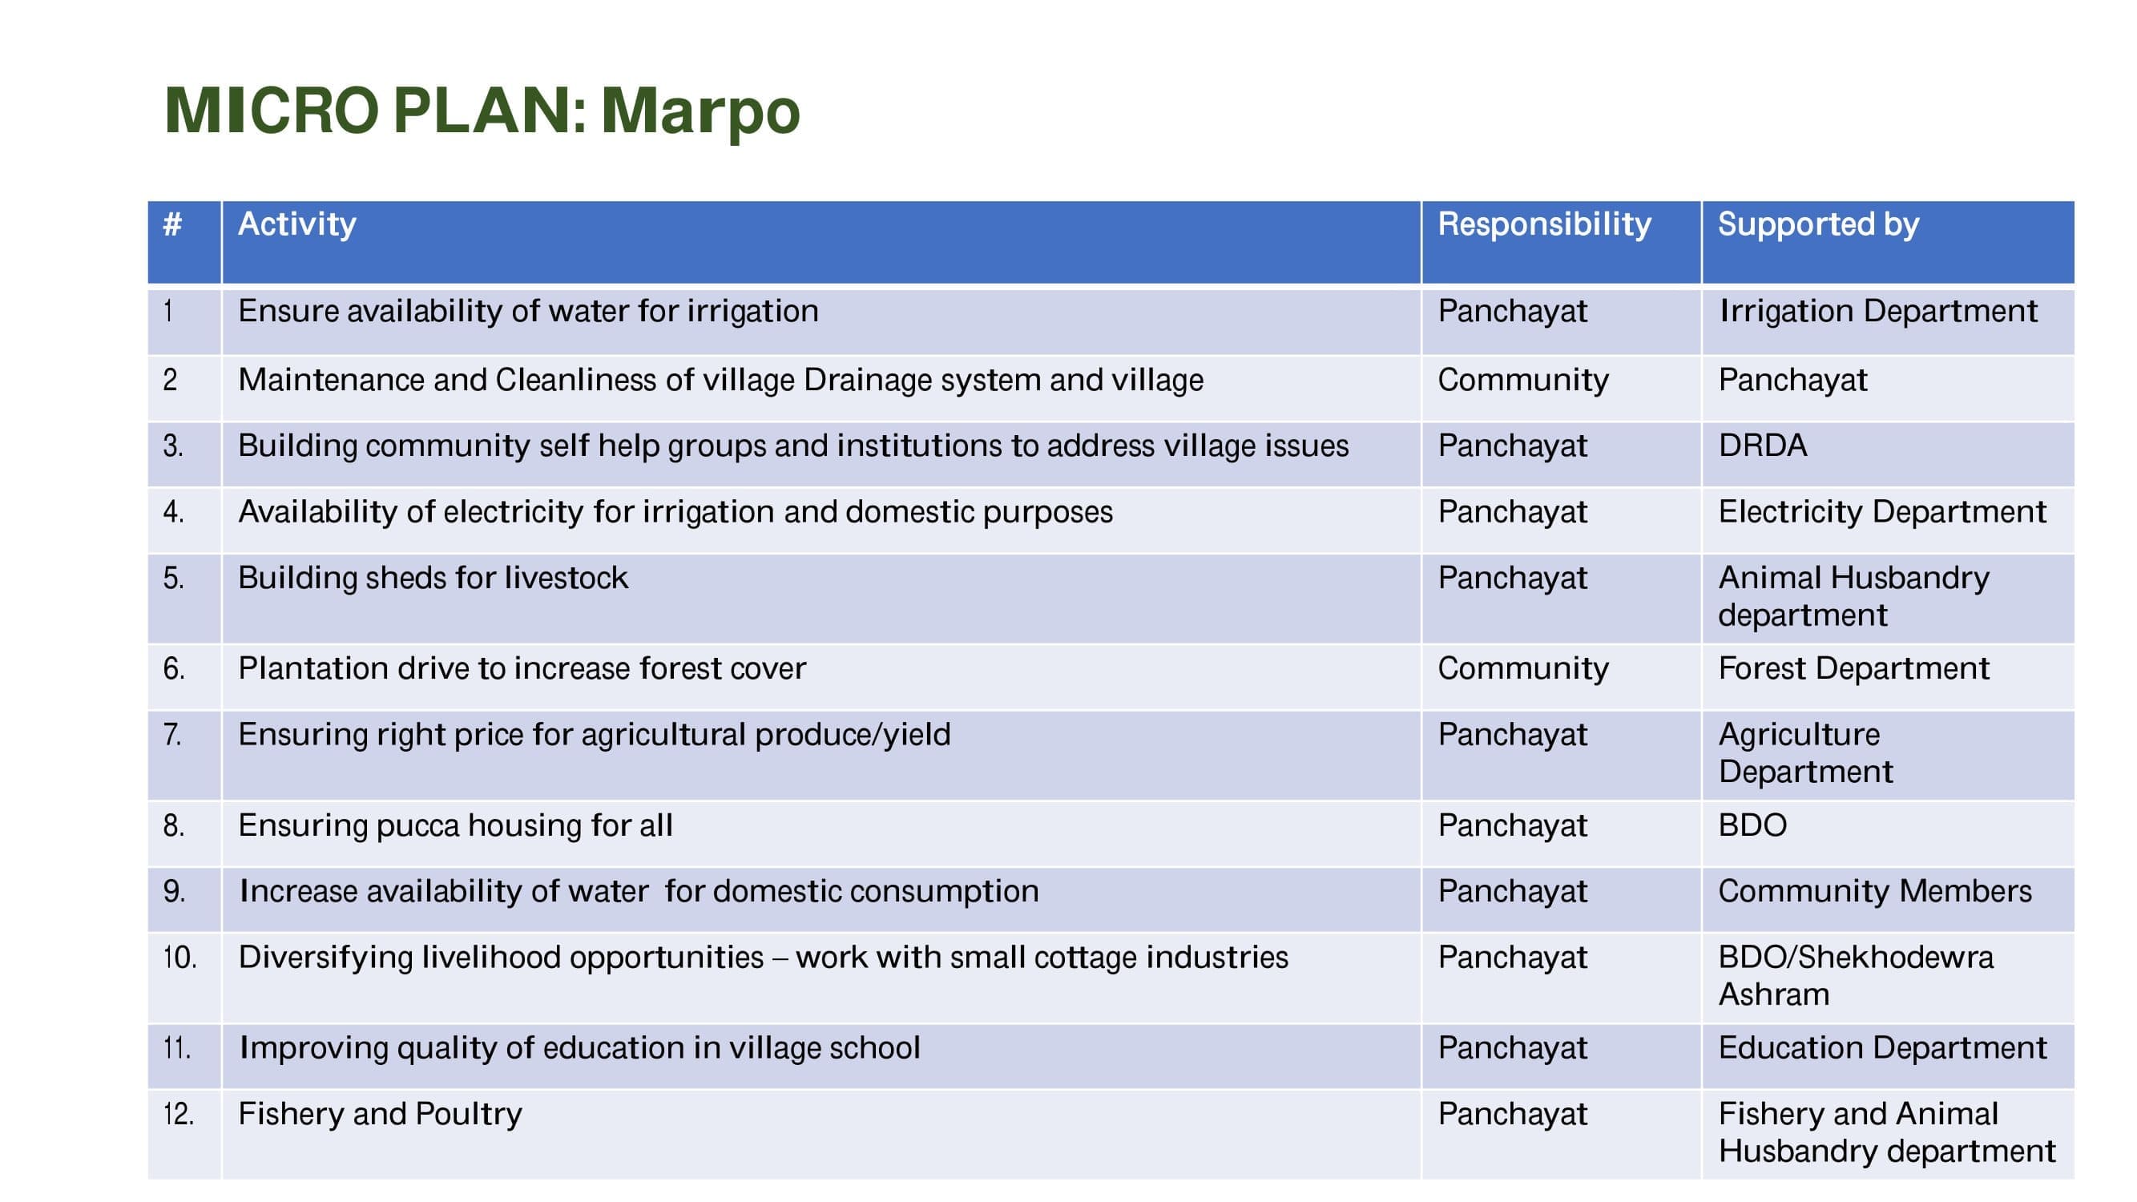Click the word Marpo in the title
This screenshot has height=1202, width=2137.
click(700, 112)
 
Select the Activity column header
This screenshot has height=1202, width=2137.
click(297, 225)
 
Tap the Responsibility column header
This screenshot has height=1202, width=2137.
click(1544, 225)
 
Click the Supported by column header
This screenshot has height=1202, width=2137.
click(1818, 225)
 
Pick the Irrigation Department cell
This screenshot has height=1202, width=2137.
click(1878, 311)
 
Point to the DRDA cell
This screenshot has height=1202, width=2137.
click(1763, 446)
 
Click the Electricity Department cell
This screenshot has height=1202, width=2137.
click(1882, 512)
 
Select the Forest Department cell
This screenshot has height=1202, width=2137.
click(1854, 668)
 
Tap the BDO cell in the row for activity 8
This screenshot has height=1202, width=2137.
click(1753, 825)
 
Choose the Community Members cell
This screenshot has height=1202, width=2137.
click(1875, 891)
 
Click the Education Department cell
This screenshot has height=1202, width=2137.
click(1882, 1047)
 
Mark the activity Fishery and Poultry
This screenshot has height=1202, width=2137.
click(380, 1114)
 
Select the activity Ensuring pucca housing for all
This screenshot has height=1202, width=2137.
click(455, 825)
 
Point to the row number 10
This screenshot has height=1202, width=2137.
click(180, 958)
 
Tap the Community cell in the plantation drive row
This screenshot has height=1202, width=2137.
click(1523, 668)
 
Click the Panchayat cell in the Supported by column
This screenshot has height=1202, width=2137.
click(1792, 380)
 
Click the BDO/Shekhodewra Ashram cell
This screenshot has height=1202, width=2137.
click(1856, 975)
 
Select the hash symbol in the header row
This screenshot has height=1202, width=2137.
click(172, 224)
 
